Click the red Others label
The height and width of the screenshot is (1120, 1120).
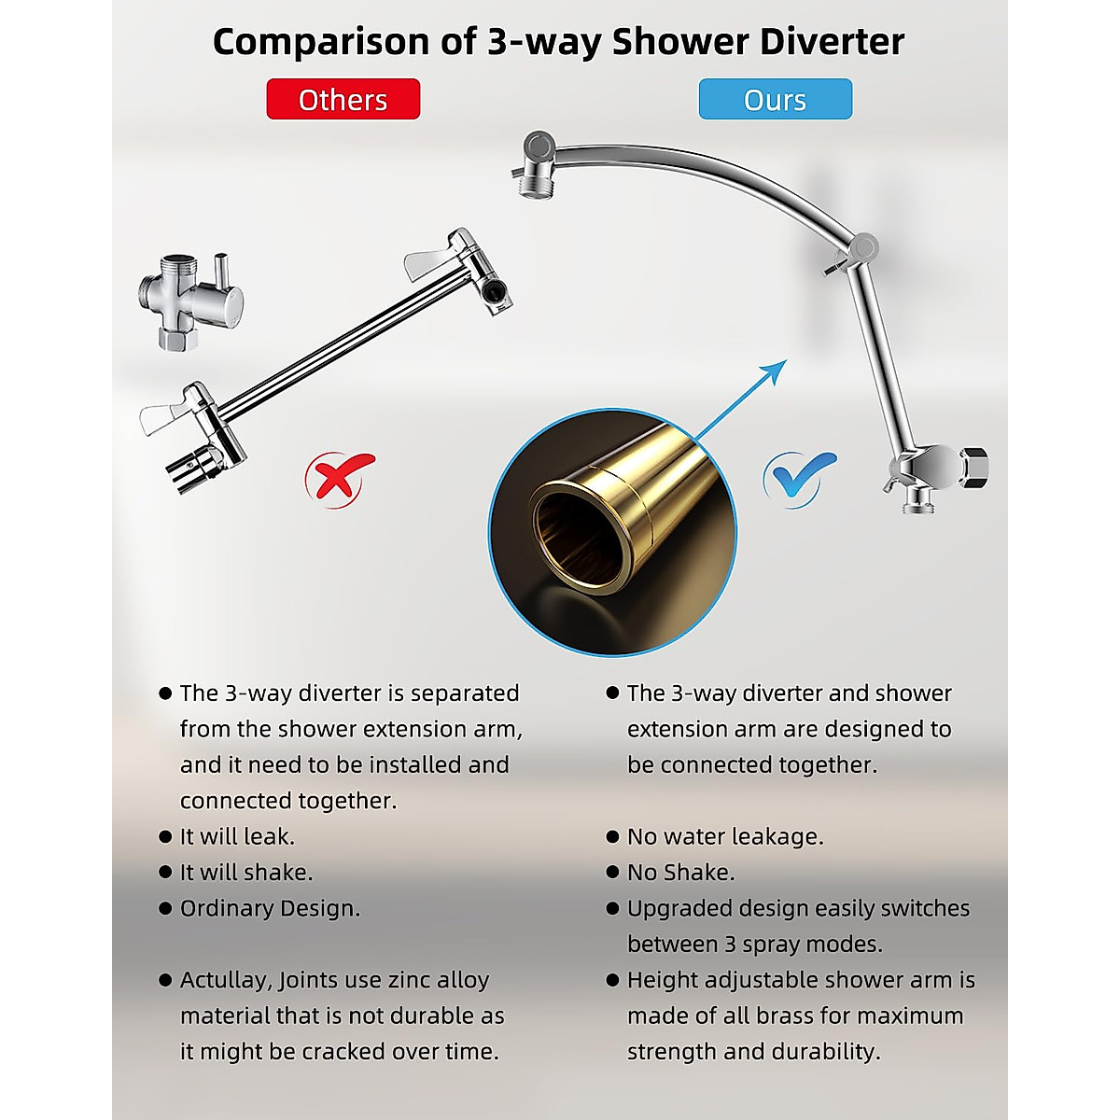(x=343, y=99)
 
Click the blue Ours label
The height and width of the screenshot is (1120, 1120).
(x=775, y=99)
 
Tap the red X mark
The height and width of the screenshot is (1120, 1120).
(x=338, y=477)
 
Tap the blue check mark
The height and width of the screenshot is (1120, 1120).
(x=799, y=477)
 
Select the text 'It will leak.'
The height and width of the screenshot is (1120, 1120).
(x=237, y=836)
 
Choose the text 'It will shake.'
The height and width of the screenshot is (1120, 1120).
(x=246, y=872)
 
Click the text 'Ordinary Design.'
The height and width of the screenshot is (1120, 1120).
(x=270, y=908)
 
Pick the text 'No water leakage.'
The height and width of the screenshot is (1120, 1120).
(x=725, y=836)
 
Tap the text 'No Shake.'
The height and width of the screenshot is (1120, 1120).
(x=680, y=872)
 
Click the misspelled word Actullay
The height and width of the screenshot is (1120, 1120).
(x=224, y=980)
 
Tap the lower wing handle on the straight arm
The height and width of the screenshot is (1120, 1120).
(x=173, y=413)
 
